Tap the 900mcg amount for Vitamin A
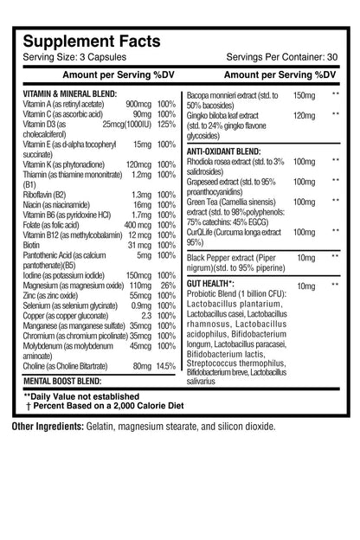point(137,103)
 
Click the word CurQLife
point(201,232)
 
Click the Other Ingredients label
point(47,426)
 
